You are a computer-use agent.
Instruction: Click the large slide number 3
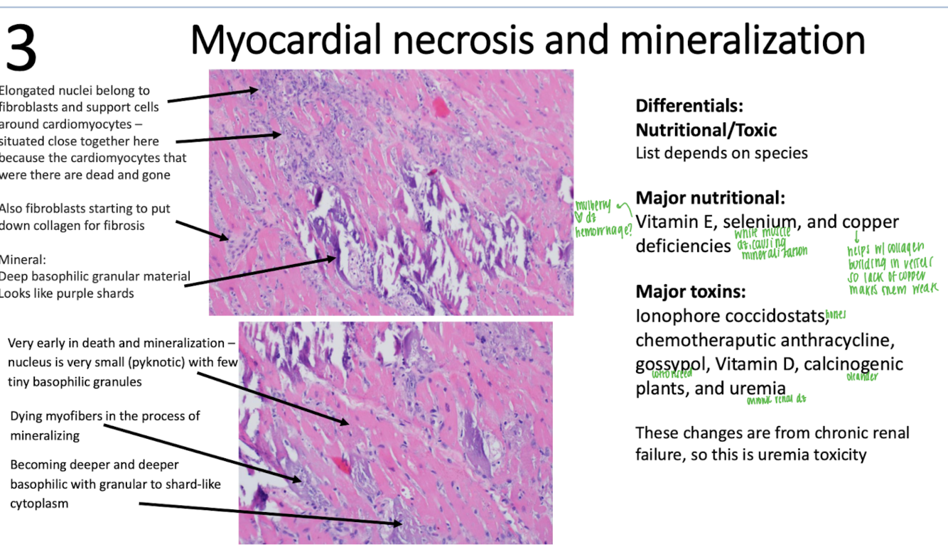click(x=21, y=49)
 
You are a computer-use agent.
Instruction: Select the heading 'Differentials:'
click(x=689, y=107)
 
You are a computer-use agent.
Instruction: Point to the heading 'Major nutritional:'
click(x=710, y=198)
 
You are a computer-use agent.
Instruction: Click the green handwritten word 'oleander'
click(x=862, y=377)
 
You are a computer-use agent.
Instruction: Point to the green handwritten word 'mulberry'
click(x=593, y=207)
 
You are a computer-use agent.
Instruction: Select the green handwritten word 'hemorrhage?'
click(x=604, y=230)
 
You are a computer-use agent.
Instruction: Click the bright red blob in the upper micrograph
click(x=441, y=108)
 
